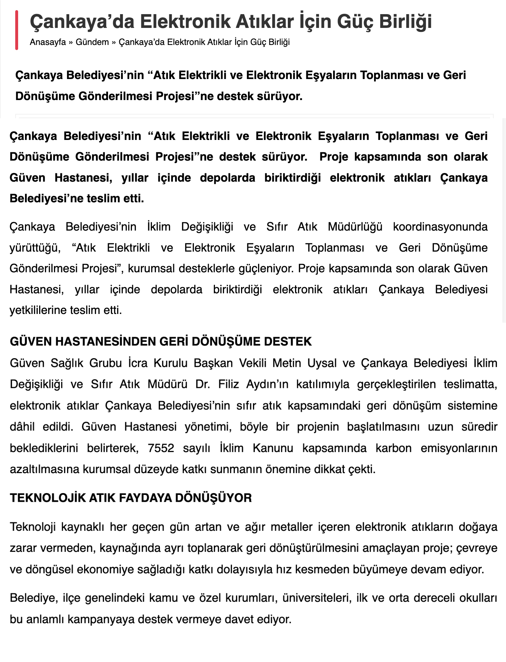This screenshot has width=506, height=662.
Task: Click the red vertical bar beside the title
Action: tap(17, 30)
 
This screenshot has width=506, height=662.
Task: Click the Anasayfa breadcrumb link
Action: tap(48, 42)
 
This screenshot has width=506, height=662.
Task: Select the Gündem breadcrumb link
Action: tap(92, 42)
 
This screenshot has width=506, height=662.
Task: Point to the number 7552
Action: tap(161, 448)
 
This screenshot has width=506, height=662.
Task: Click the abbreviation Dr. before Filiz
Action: tap(203, 384)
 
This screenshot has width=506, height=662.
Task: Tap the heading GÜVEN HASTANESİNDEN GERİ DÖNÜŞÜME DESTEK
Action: tap(161, 342)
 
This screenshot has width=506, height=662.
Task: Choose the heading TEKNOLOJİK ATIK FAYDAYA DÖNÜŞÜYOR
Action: tap(130, 498)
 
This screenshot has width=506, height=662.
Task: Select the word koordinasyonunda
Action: tap(440, 227)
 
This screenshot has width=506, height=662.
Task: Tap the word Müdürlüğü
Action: tap(355, 227)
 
